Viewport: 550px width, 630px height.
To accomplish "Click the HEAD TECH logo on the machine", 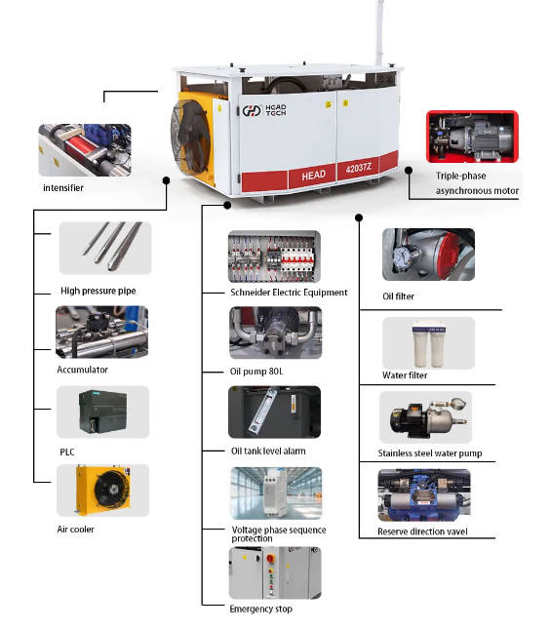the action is coord(264,110).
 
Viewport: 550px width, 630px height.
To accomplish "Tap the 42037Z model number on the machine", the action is coord(358,167).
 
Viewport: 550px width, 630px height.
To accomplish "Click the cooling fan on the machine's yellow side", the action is coord(189,136).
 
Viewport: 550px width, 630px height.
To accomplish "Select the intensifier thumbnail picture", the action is coord(85,150).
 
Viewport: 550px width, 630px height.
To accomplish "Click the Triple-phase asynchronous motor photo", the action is coord(472,137).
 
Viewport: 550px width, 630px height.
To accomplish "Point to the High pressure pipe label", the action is coord(98,291).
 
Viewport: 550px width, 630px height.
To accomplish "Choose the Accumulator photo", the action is coord(101,332).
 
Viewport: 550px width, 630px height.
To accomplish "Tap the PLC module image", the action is coord(102,412).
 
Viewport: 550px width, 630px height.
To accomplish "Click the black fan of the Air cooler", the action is coord(112,489).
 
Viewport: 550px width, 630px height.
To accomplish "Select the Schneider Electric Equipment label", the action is coord(289,293).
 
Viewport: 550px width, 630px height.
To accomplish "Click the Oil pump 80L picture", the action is coord(276,333).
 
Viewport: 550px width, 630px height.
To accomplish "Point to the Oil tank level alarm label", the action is coord(268,451).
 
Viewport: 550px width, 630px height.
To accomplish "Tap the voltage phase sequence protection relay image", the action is coord(276,493).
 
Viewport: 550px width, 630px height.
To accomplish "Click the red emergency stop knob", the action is coord(271,559).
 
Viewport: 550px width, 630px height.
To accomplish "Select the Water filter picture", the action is coord(428,342).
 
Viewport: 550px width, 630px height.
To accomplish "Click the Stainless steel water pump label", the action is coord(430,453).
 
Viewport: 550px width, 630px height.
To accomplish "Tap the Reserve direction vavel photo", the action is coord(424,495).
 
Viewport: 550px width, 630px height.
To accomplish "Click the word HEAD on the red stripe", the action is coord(313,176).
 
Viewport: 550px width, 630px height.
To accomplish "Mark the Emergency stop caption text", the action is coord(260,609).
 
